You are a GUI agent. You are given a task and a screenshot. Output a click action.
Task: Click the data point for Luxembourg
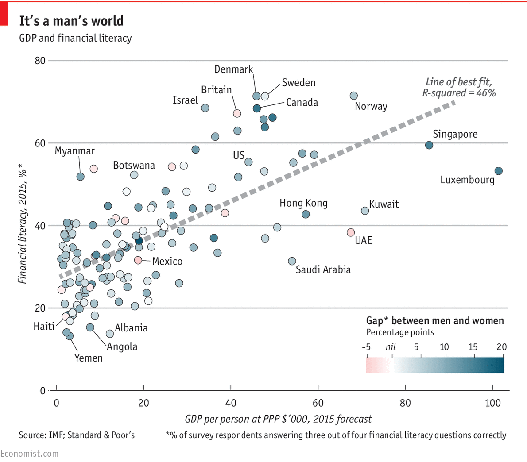pyautogui.click(x=498, y=171)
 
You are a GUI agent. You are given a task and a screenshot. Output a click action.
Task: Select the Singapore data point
pyautogui.click(x=429, y=145)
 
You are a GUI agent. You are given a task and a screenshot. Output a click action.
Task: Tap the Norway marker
pyautogui.click(x=354, y=96)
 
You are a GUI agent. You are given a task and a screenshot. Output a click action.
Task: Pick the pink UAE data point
pyautogui.click(x=351, y=232)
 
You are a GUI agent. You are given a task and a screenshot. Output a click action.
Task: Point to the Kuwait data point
pyautogui.click(x=365, y=211)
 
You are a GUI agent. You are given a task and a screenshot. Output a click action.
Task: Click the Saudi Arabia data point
pyautogui.click(x=292, y=261)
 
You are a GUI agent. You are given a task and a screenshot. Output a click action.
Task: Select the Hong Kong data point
pyautogui.click(x=306, y=214)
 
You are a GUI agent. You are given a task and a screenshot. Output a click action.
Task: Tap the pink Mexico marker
pyautogui.click(x=138, y=260)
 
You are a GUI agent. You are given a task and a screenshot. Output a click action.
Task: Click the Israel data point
pyautogui.click(x=205, y=108)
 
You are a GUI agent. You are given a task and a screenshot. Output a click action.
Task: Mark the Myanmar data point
pyautogui.click(x=80, y=177)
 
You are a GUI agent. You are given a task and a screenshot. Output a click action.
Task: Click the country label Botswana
pyautogui.click(x=134, y=166)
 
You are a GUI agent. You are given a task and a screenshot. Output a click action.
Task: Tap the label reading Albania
pyautogui.click(x=131, y=328)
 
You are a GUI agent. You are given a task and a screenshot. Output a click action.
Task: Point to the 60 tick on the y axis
pyautogui.click(x=40, y=143)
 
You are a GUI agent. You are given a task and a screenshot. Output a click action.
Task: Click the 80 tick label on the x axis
pyautogui.click(x=405, y=403)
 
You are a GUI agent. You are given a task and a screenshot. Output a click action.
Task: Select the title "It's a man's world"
pyautogui.click(x=71, y=21)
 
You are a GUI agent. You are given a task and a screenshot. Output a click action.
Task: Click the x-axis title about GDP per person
pyautogui.click(x=278, y=419)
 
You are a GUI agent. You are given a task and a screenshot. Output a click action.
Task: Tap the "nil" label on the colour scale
pyautogui.click(x=391, y=347)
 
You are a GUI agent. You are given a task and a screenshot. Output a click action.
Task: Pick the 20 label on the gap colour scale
pyautogui.click(x=501, y=347)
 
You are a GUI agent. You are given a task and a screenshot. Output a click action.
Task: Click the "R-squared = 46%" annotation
pyautogui.click(x=459, y=93)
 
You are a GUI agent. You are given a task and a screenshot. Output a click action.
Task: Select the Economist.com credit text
pyautogui.click(x=29, y=454)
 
